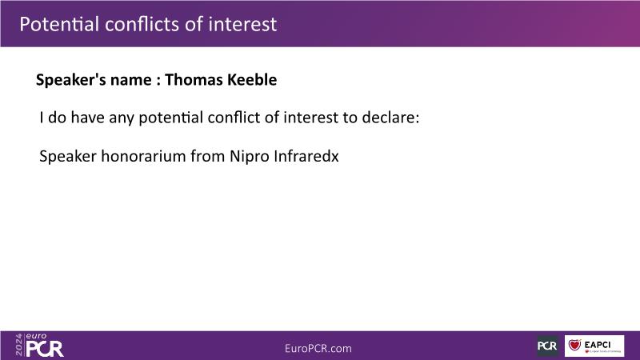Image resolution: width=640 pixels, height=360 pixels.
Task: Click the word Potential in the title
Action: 59,24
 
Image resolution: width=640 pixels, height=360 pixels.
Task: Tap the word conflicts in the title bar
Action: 142,24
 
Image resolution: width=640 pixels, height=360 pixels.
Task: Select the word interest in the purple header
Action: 242,24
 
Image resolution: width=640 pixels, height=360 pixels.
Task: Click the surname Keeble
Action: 252,79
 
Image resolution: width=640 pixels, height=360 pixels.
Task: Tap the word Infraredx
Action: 306,156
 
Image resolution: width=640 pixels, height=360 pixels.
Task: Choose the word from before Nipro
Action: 208,156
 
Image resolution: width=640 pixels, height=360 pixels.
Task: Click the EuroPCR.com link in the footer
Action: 318,349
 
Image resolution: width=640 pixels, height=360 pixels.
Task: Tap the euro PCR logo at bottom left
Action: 45,346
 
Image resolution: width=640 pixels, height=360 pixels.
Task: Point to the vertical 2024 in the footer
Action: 19,345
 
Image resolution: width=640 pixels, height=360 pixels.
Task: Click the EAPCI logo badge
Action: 594,346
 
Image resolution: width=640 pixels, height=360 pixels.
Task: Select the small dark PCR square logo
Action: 548,346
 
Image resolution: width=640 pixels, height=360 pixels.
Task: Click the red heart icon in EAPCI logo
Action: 574,345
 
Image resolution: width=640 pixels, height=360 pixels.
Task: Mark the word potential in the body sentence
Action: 170,118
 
